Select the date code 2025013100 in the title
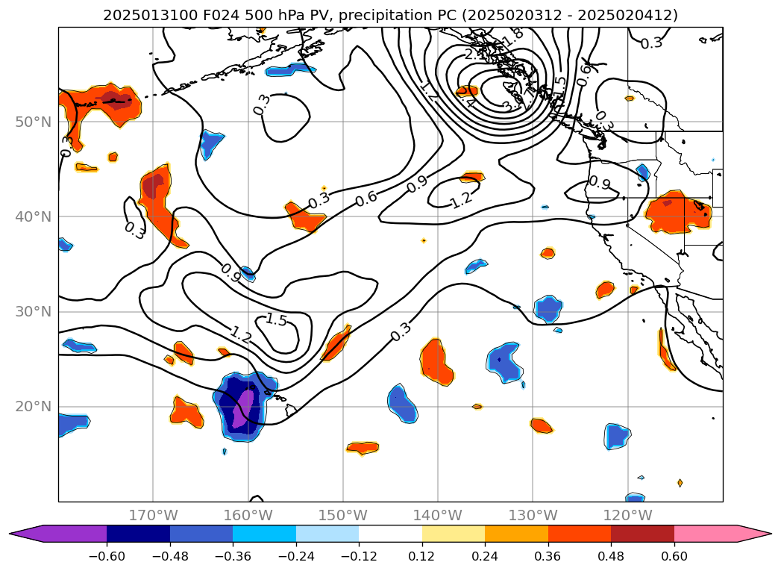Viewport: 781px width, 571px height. click(x=139, y=15)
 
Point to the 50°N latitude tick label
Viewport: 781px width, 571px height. click(x=33, y=122)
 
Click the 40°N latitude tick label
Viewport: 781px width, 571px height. click(x=33, y=216)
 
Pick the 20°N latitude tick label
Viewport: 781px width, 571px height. click(x=33, y=407)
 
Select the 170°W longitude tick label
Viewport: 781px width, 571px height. click(x=153, y=515)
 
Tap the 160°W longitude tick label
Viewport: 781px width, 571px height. click(x=248, y=515)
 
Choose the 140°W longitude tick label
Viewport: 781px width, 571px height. click(x=438, y=515)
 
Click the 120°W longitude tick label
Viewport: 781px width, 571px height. click(x=627, y=515)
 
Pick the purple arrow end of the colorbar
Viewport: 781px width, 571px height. click(x=22, y=534)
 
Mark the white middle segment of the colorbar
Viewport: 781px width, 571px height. click(x=390, y=534)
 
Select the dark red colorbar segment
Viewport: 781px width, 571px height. click(x=642, y=534)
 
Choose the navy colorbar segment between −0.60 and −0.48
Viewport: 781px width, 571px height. click(x=138, y=534)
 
